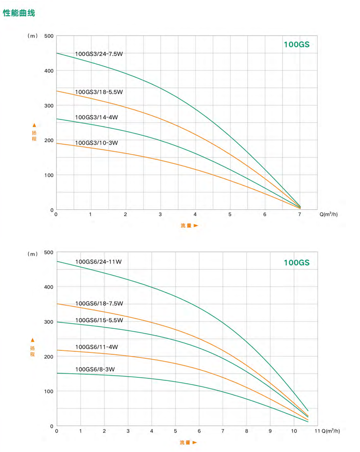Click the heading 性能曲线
(19, 13)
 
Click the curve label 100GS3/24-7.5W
(99, 54)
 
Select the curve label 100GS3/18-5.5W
(99, 92)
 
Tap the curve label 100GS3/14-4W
(96, 117)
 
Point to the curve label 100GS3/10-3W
(96, 143)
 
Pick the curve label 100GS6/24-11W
(98, 262)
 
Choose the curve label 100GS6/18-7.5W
(99, 304)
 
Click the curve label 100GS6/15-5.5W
(99, 320)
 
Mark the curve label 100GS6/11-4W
(96, 347)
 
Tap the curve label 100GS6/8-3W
(95, 369)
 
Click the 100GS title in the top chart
(297, 45)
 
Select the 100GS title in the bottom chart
(297, 263)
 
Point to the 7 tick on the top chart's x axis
(300, 215)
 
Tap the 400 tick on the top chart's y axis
(49, 71)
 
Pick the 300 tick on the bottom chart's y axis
(49, 322)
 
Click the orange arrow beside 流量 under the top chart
(196, 225)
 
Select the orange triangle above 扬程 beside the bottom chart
(33, 340)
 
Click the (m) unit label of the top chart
(33, 36)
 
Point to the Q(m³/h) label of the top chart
(329, 215)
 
